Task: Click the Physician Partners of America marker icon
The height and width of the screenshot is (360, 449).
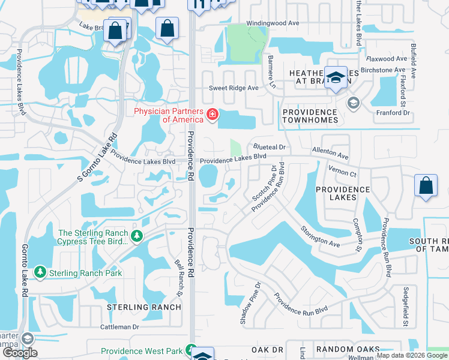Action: (x=212, y=114)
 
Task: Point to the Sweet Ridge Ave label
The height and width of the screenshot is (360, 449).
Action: (x=234, y=88)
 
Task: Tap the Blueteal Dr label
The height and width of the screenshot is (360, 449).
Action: (x=271, y=146)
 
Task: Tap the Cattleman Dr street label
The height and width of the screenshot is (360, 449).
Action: (x=119, y=327)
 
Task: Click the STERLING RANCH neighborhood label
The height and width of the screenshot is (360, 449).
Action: (x=143, y=307)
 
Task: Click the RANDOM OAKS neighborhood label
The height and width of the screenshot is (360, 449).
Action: (x=348, y=349)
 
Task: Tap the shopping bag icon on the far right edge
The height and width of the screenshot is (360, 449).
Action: (x=426, y=186)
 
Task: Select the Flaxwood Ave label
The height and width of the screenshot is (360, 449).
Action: (x=387, y=59)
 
